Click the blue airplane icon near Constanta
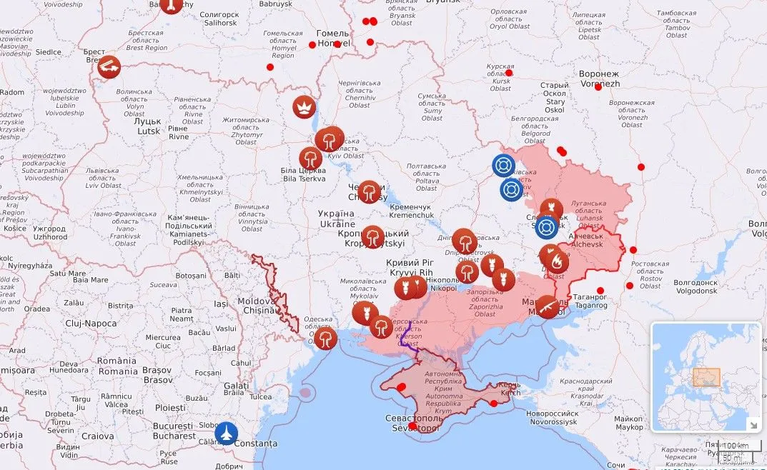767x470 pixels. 227,432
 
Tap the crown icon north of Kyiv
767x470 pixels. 305,107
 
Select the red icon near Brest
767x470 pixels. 109,68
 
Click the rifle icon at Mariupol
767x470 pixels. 547,307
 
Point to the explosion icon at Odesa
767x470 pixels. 325,338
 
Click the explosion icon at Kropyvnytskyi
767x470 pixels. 372,237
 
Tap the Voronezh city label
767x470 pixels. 599,79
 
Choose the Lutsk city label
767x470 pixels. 149,126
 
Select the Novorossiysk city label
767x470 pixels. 552,418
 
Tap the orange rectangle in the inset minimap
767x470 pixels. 706,377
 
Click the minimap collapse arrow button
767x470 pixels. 753,424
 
